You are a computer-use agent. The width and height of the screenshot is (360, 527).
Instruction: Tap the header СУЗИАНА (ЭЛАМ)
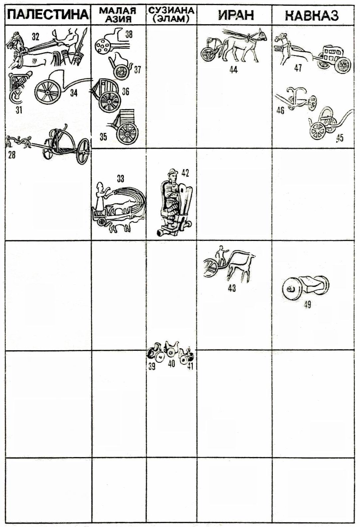click(172, 15)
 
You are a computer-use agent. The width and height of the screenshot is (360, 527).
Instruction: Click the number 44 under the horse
click(233, 70)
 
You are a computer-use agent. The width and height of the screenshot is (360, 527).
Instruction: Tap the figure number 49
click(307, 305)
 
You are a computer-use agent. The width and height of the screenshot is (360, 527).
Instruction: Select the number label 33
click(120, 179)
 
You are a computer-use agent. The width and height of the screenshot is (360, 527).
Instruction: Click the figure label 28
click(12, 155)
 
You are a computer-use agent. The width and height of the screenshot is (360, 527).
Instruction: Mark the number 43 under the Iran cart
click(232, 288)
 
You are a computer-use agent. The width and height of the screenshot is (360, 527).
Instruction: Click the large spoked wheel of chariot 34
click(48, 92)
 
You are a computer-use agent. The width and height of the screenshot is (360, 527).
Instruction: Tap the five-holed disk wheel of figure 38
click(102, 46)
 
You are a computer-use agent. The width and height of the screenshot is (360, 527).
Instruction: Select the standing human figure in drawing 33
click(100, 196)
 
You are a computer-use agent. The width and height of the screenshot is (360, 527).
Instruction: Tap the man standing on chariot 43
click(221, 255)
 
